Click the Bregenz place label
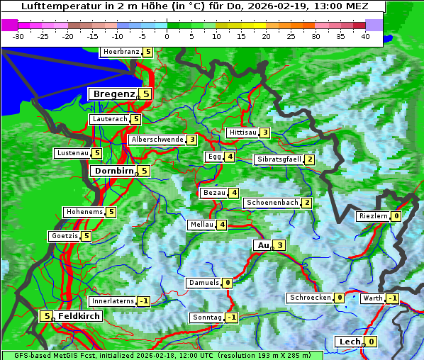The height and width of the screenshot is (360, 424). pos(113,94)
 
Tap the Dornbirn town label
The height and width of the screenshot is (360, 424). pos(112,171)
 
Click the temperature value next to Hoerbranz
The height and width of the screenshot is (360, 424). pos(147,52)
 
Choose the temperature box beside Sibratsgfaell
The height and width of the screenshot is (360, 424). pos(309,159)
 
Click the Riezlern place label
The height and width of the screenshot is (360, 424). pos(374,216)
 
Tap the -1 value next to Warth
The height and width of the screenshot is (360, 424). pos(392,298)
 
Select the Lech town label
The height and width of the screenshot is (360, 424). pos(350,342)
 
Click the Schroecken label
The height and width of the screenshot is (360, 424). pos(310,298)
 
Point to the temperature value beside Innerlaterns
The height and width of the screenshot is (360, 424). pos(143,301)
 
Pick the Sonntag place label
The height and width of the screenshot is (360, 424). pos(207,317)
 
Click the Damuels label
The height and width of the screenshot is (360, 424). pos(203,283)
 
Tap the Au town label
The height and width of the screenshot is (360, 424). pos(262,245)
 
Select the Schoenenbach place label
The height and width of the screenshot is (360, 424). pos(272,203)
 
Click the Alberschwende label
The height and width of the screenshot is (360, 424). pos(157,140)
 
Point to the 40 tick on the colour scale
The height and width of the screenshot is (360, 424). pos(365,36)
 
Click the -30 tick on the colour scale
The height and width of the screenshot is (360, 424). pos(18,36)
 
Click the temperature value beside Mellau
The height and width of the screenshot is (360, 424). pos(222,225)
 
